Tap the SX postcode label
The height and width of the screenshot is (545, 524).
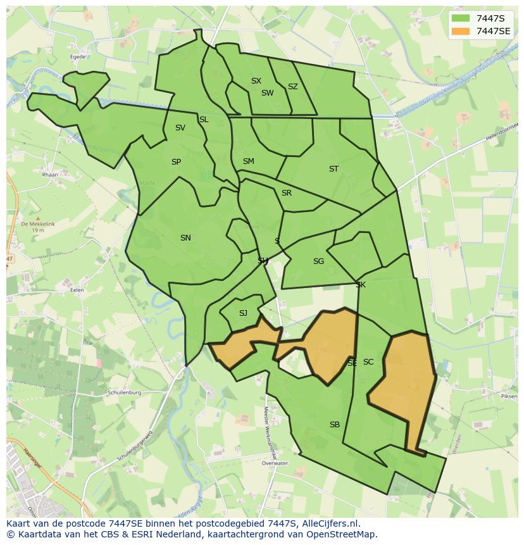click(x=256, y=81)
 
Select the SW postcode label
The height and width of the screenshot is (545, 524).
click(x=267, y=93)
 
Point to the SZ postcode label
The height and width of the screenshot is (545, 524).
click(x=292, y=87)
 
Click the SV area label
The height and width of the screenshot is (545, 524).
click(x=180, y=128)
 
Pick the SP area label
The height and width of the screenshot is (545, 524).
click(x=176, y=162)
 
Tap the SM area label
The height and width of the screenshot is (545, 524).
click(x=248, y=161)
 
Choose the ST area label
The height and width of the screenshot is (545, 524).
click(x=334, y=169)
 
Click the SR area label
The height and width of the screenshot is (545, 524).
click(x=287, y=193)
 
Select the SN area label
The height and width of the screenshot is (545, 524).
click(x=185, y=238)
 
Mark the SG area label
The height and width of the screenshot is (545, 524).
click(x=318, y=261)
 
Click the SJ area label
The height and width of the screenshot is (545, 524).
click(x=243, y=313)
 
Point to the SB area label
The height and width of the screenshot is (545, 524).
click(x=335, y=425)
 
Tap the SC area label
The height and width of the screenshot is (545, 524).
click(x=368, y=362)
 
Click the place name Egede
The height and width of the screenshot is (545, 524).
click(x=78, y=56)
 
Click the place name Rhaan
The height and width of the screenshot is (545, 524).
click(x=49, y=175)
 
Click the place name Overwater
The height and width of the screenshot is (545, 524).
click(x=274, y=463)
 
